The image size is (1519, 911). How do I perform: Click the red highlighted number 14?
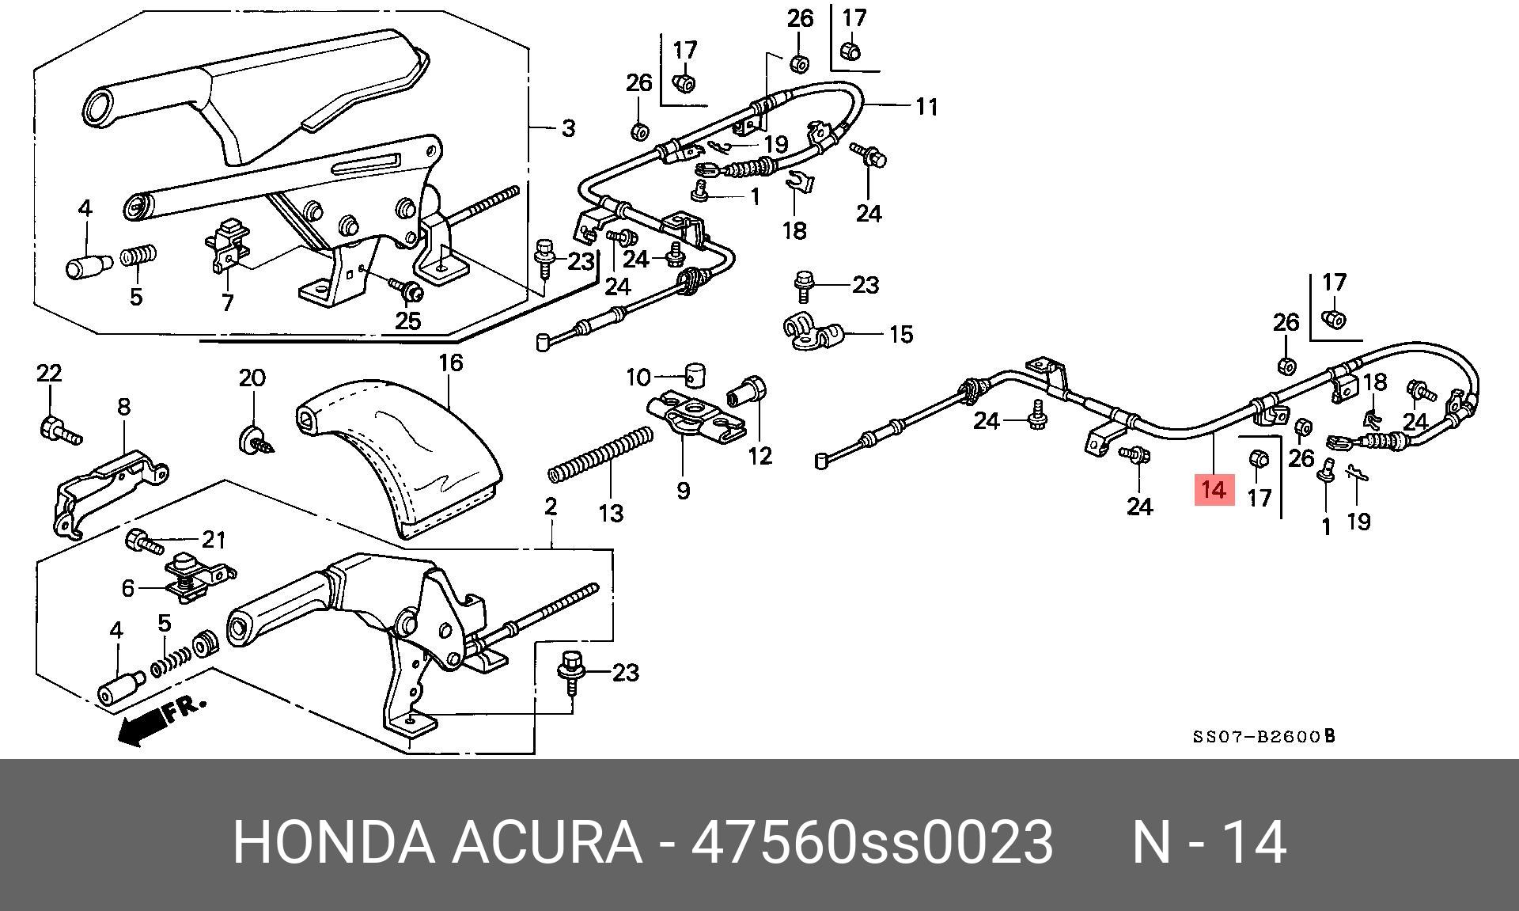pos(1213,490)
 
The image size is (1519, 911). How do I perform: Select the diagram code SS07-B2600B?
pos(1263,737)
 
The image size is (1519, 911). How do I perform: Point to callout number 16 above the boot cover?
pos(450,363)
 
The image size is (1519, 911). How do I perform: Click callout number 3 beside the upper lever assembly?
pos(567,127)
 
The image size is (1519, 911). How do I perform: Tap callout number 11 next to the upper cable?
pos(926,107)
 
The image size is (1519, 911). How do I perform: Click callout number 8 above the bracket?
pos(124,407)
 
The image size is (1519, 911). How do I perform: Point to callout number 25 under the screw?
pos(408,321)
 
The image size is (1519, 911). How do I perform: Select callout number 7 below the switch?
pos(227,302)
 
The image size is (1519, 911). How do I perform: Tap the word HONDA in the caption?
pos(333,842)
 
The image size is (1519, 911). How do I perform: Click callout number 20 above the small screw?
pos(252,378)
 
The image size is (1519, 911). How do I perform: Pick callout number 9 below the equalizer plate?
pos(683,491)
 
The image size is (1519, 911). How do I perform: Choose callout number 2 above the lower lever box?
pos(551,506)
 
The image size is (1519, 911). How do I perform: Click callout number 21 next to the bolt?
pos(214,540)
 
